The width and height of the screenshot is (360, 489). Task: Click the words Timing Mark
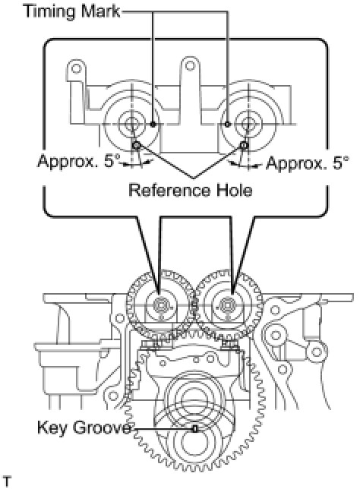[72, 12]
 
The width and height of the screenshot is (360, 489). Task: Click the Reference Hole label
[191, 190]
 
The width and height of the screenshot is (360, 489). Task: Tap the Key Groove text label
[84, 428]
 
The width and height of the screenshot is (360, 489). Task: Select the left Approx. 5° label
[79, 161]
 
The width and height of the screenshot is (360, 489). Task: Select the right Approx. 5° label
[308, 163]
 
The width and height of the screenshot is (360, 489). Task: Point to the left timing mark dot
[153, 125]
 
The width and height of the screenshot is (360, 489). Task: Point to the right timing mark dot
[228, 125]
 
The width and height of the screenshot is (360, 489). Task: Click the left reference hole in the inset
[136, 145]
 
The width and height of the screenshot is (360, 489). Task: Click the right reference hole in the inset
[245, 145]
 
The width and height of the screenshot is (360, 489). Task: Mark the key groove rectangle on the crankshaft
[195, 429]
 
